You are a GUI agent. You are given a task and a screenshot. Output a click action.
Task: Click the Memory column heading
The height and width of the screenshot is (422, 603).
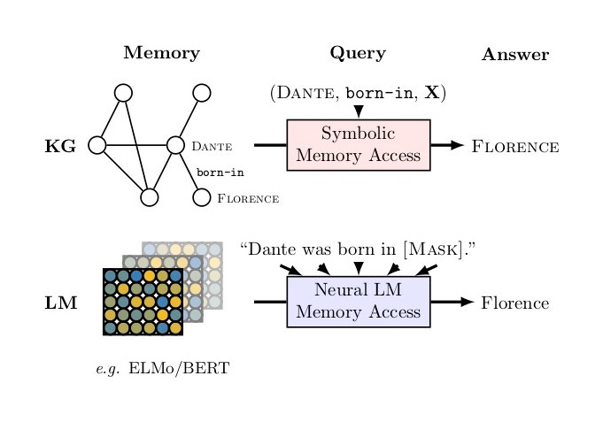click(x=161, y=53)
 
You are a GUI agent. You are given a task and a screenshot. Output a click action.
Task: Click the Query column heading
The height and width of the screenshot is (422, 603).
click(x=358, y=53)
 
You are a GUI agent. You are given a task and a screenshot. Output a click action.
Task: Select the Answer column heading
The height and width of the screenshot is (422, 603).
click(x=515, y=55)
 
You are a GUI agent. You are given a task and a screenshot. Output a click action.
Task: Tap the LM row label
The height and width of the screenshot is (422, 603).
click(x=60, y=303)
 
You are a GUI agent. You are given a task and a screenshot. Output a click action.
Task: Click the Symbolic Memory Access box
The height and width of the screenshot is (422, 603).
click(x=359, y=145)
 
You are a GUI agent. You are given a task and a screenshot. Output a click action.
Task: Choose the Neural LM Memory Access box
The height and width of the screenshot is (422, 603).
click(x=359, y=302)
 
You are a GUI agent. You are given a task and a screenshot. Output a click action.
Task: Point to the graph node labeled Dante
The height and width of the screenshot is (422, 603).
click(x=175, y=145)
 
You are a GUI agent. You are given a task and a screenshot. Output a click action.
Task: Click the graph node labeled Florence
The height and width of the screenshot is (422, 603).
click(x=202, y=197)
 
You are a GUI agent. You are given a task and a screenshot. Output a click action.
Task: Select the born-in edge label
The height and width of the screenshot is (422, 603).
click(x=220, y=172)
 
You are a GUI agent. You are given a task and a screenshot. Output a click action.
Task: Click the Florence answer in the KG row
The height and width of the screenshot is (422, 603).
click(x=515, y=146)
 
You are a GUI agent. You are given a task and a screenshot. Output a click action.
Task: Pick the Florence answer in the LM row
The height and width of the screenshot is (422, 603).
click(x=514, y=303)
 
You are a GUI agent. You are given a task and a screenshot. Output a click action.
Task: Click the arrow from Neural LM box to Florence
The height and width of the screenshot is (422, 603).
click(x=452, y=303)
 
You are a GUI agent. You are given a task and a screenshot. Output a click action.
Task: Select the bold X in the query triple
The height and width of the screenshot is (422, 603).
click(x=434, y=93)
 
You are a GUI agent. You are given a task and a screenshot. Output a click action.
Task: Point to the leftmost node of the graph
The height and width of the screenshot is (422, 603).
click(x=97, y=145)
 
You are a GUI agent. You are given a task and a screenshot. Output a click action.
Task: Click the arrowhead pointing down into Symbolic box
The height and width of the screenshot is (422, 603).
click(x=359, y=111)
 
